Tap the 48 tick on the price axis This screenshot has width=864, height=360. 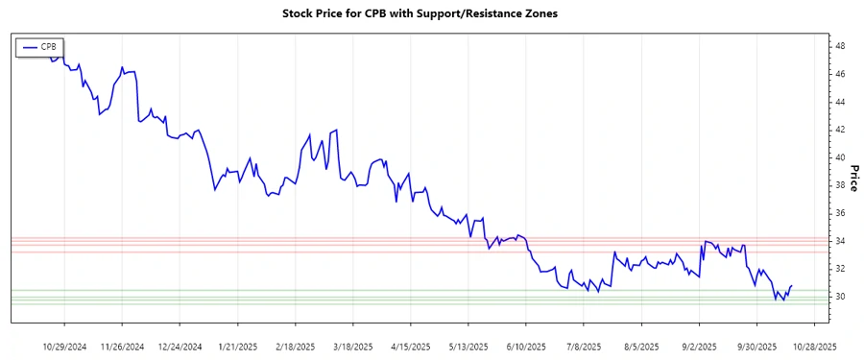click(x=839, y=46)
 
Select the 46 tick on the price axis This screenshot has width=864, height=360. click(x=839, y=74)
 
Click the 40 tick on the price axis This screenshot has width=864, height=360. click(x=839, y=157)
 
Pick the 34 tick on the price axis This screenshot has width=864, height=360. click(x=839, y=241)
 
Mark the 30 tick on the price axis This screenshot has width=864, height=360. click(x=839, y=297)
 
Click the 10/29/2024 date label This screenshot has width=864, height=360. click(x=65, y=347)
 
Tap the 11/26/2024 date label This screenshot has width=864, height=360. click(x=122, y=347)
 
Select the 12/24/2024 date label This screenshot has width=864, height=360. click(x=180, y=347)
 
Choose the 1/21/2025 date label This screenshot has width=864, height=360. click(x=237, y=347)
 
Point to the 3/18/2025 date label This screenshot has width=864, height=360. click(x=352, y=347)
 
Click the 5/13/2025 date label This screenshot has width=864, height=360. click(x=468, y=347)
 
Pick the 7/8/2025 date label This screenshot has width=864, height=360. click(x=583, y=347)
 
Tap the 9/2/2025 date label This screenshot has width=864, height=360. click(x=698, y=347)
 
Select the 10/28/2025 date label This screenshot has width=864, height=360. click(x=813, y=347)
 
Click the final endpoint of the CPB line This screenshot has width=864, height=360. click(x=792, y=285)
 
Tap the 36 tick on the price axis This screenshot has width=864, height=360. click(x=839, y=213)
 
